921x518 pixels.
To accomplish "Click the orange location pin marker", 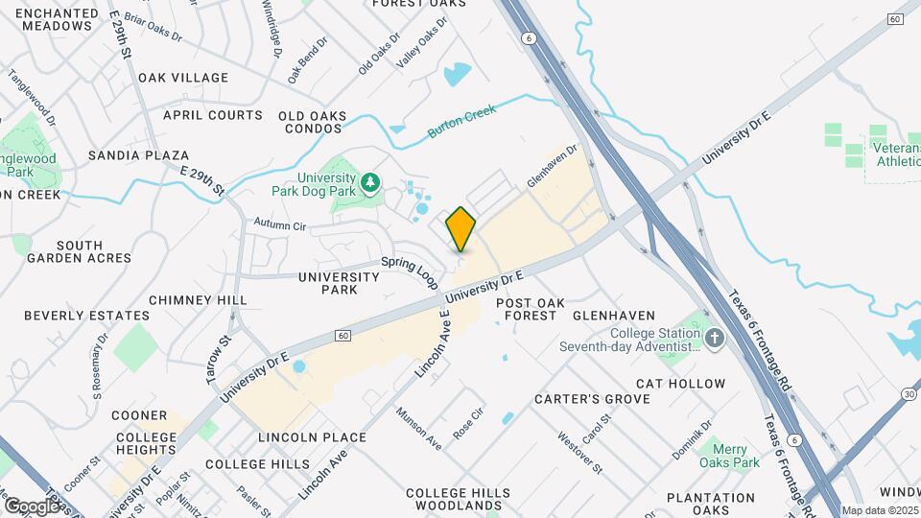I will [461, 228].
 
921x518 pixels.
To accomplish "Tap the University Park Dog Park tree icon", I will [369, 181].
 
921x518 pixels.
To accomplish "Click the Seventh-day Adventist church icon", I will [714, 339].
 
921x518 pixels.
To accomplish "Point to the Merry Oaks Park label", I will [729, 455].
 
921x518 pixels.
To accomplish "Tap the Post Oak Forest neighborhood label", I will [527, 308].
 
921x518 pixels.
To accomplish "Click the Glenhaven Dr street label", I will [555, 167].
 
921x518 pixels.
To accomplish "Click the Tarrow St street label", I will [219, 359].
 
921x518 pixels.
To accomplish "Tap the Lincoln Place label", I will [313, 437].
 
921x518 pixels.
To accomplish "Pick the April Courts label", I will [212, 115].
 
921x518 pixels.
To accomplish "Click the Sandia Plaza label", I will [138, 154].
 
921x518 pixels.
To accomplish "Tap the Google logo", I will [32, 506].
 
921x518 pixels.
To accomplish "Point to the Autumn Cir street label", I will [279, 225].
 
